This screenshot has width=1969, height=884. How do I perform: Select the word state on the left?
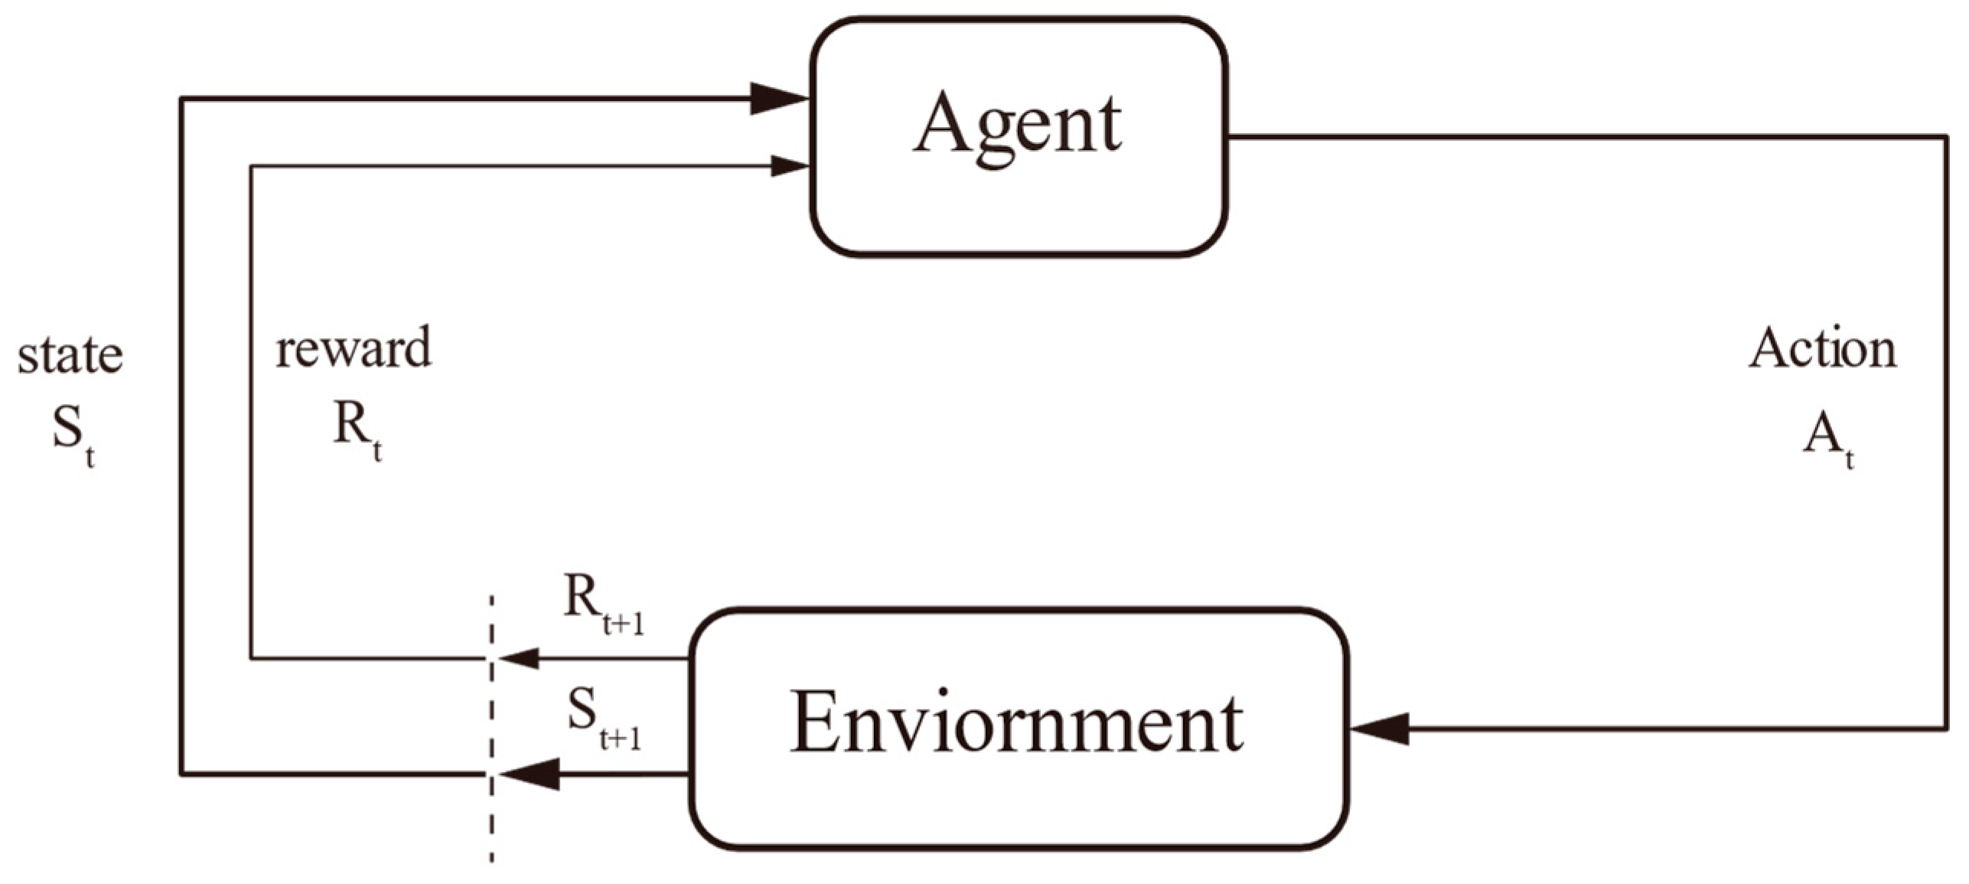pos(70,355)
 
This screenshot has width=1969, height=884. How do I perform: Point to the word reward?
pos(354,349)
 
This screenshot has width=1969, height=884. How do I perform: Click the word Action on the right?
pos(1822,349)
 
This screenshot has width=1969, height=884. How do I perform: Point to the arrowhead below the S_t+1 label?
pos(529,775)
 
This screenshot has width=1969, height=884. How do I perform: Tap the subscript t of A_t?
pos(1849,460)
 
